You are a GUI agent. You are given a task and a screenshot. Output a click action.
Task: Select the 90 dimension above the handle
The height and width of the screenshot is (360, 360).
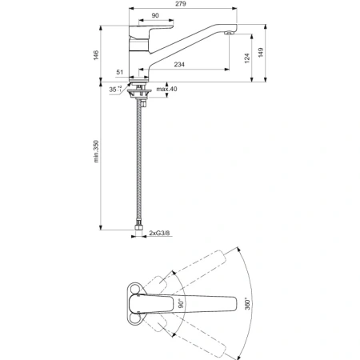pos(154,17)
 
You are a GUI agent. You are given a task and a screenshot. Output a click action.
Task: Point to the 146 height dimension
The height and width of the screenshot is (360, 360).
pos(97,55)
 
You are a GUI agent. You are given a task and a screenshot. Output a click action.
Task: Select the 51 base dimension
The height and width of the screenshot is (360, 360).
pos(120,73)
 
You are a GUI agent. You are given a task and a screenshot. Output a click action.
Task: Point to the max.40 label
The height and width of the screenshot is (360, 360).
pos(169,90)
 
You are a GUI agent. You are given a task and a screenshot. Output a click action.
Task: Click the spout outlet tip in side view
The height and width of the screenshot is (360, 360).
pos(230,33)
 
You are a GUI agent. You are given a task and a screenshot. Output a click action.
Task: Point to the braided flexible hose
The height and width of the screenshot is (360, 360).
pos(142,160)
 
